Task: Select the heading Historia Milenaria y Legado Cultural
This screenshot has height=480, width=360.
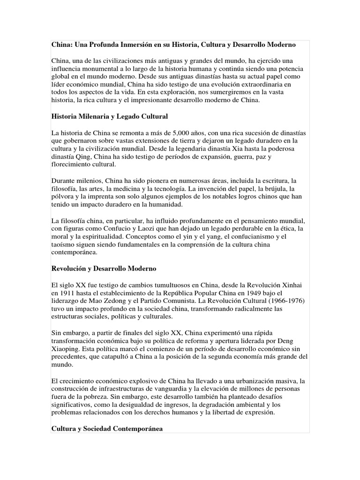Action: (109, 115)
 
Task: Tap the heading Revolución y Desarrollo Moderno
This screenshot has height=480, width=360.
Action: (104, 269)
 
